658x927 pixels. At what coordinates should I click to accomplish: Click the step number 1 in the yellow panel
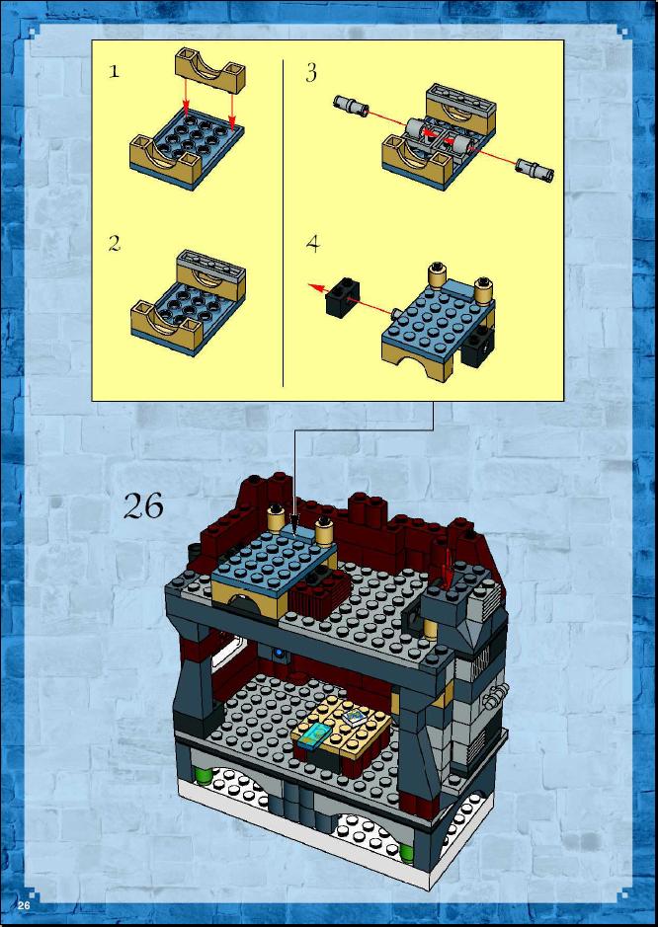point(114,72)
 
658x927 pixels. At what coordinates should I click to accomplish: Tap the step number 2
point(115,244)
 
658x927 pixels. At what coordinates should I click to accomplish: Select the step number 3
point(311,73)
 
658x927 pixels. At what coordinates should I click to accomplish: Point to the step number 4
point(312,244)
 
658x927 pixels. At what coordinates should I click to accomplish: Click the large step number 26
point(143,506)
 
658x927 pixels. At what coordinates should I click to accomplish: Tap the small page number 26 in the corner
point(24,905)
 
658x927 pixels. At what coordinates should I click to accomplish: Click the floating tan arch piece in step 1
point(210,70)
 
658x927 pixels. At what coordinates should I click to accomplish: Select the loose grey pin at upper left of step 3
point(352,106)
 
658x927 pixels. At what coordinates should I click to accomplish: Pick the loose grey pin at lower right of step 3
point(535,169)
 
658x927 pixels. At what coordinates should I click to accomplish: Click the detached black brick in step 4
point(343,298)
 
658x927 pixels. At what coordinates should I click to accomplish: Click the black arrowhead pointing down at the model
point(294,522)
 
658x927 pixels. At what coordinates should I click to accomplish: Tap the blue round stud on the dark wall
point(278,654)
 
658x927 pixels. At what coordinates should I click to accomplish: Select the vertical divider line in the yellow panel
point(283,223)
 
